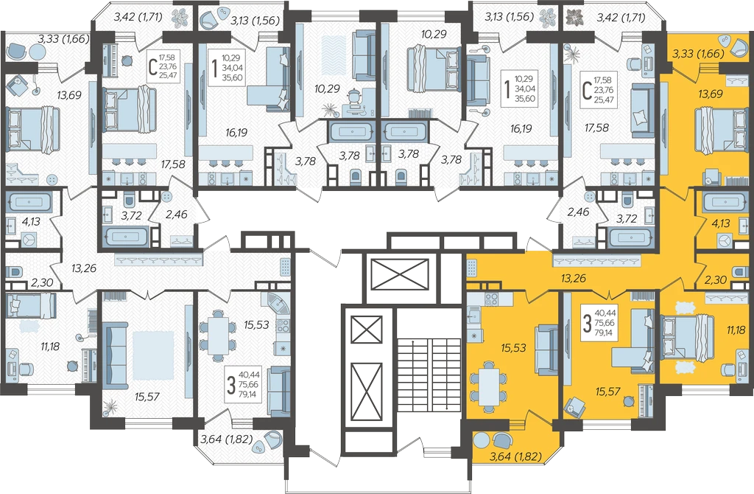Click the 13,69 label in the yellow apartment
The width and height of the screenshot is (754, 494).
click(711, 94)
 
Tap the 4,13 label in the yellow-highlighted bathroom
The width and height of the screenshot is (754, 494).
click(720, 223)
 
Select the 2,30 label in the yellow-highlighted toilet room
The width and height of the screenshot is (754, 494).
click(715, 279)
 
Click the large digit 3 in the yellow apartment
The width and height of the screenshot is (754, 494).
click(587, 324)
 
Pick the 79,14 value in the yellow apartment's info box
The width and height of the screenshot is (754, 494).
click(605, 332)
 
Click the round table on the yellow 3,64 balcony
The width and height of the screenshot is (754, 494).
click(481, 440)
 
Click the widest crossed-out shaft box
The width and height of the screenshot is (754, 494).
click(401, 274)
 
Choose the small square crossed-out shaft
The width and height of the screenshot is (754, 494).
click(367, 330)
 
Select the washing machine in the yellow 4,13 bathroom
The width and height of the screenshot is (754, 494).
click(725, 240)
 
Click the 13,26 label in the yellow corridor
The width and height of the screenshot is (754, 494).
click(573, 277)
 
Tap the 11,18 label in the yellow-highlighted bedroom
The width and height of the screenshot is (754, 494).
click(736, 330)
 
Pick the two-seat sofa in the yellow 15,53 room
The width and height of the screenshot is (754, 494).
click(547, 349)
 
